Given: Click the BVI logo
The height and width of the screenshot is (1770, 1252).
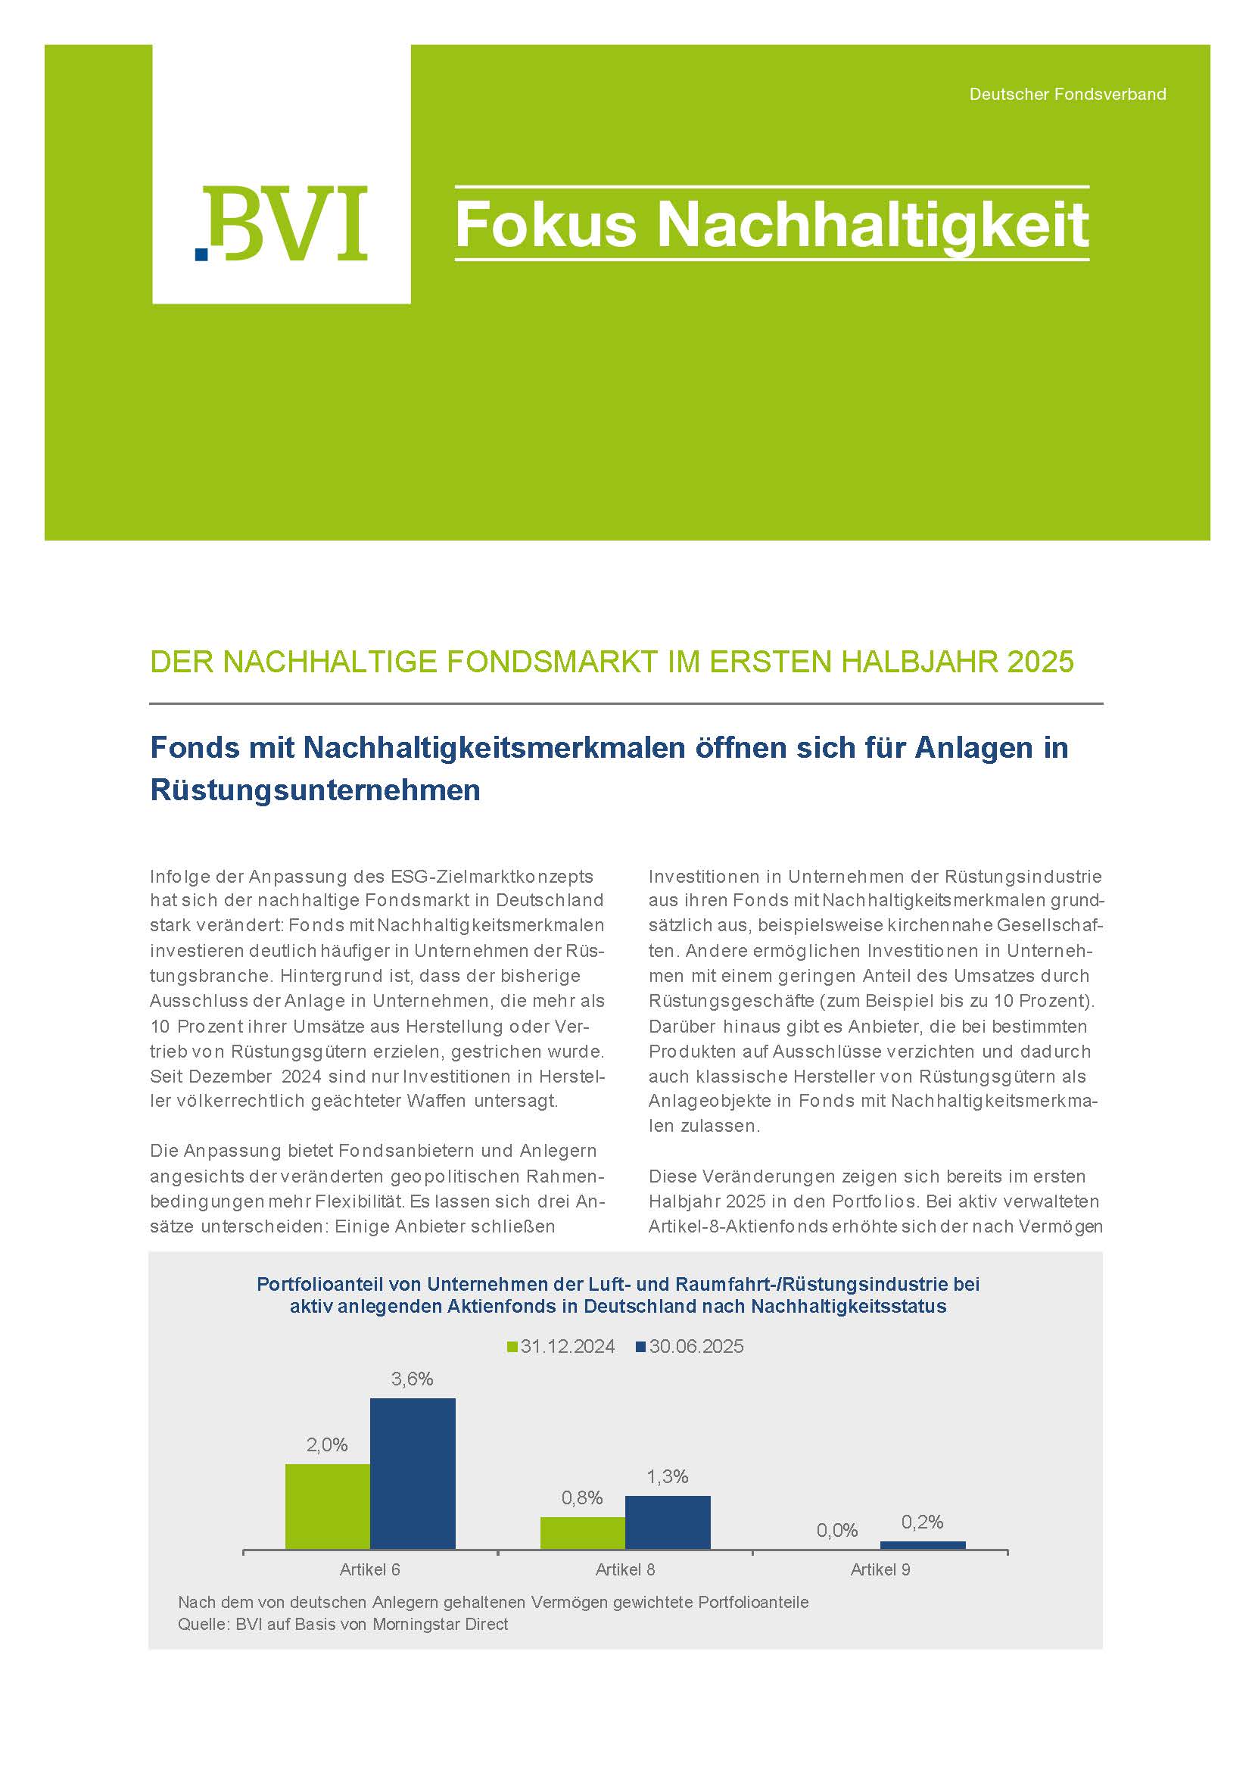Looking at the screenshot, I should pos(282,223).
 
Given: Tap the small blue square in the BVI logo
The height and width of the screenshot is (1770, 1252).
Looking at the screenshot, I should pos(202,254).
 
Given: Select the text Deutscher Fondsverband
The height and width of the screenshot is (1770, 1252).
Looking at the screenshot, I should pos(1067,94).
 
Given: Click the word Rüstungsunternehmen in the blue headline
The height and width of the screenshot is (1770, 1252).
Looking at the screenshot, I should pos(316,790).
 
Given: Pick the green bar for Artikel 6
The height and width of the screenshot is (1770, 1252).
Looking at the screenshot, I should pos(328,1507).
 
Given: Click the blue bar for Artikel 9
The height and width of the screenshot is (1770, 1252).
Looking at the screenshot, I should pos(922,1545).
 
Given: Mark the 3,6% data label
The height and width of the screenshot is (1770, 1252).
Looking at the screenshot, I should pos(413,1379).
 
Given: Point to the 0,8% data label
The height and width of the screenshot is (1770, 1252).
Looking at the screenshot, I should pos(582,1498).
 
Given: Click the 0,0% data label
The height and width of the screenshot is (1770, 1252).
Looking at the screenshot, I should pos(837,1530).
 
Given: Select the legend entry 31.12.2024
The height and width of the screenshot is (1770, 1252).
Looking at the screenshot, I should pos(560,1346).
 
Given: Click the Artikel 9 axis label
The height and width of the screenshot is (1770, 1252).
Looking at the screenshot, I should pos(880,1569).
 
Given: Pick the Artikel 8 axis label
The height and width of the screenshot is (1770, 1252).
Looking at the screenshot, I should pos(625,1569).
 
